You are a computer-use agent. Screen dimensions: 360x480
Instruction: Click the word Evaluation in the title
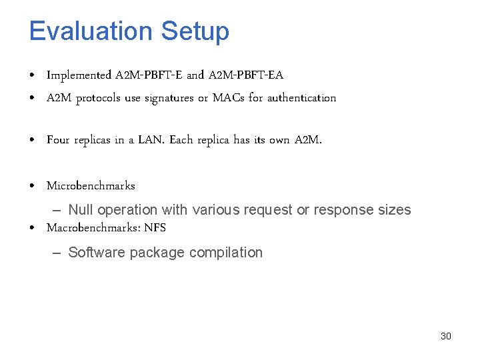tap(91, 31)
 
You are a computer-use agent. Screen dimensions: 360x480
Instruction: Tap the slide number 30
tap(446, 336)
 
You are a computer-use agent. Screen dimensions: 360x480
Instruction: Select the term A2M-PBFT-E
tap(150, 75)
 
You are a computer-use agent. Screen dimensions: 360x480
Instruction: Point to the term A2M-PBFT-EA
tap(245, 75)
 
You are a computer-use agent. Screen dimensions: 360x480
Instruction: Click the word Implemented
tap(79, 75)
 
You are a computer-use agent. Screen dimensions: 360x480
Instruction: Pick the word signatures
tap(169, 98)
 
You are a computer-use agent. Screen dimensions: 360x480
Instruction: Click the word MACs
tap(229, 98)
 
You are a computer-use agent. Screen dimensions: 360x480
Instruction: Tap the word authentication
tap(301, 98)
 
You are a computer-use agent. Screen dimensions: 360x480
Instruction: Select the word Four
tap(58, 140)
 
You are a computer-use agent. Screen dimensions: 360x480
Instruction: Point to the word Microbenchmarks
tap(91, 185)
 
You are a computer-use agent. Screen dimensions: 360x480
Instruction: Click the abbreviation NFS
tap(155, 227)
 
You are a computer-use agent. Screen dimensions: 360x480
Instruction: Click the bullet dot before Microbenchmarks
tap(33, 186)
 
